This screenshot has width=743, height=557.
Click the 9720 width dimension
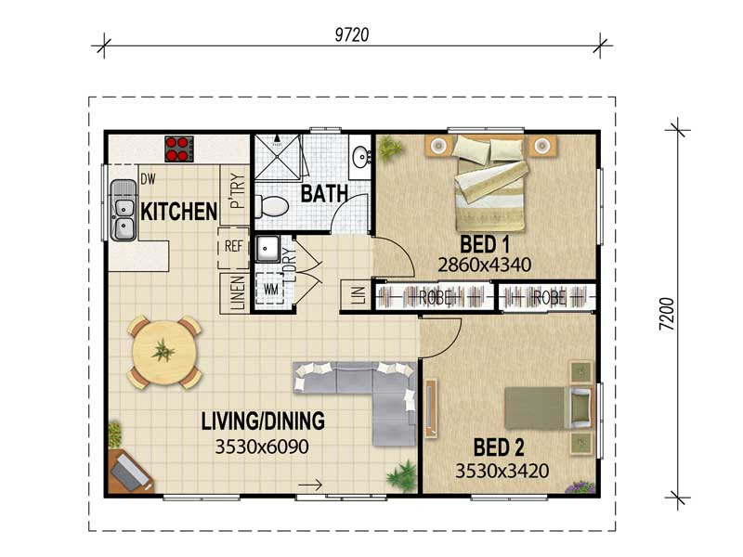[352, 35]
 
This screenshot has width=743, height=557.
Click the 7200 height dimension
[667, 314]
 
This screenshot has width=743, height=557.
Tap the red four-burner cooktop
[179, 149]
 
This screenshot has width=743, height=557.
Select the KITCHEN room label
[178, 212]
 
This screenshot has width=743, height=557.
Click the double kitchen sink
[124, 211]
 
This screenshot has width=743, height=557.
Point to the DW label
[148, 179]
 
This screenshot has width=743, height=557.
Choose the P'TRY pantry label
[237, 191]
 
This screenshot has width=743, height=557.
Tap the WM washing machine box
[270, 289]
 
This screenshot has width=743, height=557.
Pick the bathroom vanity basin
[361, 156]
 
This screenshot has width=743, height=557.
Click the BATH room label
[324, 194]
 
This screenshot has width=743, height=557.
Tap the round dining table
[164, 353]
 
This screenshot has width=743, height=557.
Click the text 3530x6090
[262, 447]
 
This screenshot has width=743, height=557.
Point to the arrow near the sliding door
[310, 485]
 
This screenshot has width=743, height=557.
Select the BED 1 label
[485, 245]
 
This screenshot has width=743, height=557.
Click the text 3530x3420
[502, 471]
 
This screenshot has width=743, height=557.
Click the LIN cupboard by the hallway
[358, 295]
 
